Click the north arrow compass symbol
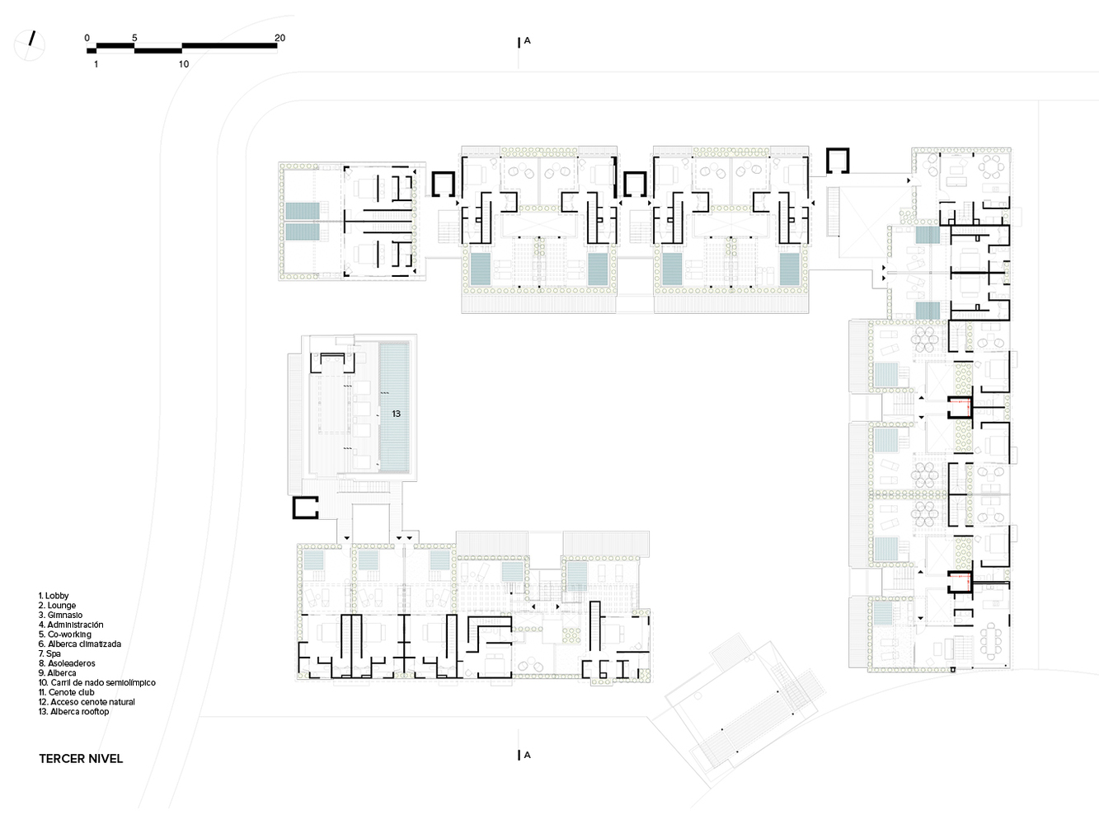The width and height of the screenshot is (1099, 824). (30, 45)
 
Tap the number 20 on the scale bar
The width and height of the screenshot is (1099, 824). (279, 38)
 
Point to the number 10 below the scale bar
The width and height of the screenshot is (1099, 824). (184, 64)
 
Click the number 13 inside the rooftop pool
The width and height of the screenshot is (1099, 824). (396, 414)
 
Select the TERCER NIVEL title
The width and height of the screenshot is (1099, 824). (81, 759)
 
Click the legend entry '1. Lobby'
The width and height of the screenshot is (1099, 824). (54, 596)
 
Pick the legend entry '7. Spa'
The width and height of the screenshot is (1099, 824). (49, 654)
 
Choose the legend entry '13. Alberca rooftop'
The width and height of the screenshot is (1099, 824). (73, 711)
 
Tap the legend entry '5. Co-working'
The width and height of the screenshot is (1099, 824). (65, 634)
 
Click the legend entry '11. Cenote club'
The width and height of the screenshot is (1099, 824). (67, 692)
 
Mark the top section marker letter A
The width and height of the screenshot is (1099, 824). (527, 41)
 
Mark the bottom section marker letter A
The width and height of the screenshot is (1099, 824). (527, 755)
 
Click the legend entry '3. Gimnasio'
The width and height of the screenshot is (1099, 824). (60, 616)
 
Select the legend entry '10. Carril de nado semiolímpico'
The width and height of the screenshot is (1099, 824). (97, 683)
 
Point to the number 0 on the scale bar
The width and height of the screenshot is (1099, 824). (87, 38)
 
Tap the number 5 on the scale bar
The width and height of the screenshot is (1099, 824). (134, 38)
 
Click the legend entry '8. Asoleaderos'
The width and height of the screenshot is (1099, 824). (67, 663)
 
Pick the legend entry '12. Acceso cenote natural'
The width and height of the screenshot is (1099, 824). (87, 702)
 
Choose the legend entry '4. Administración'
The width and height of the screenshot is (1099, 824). (71, 625)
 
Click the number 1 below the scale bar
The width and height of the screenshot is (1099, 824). (96, 64)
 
